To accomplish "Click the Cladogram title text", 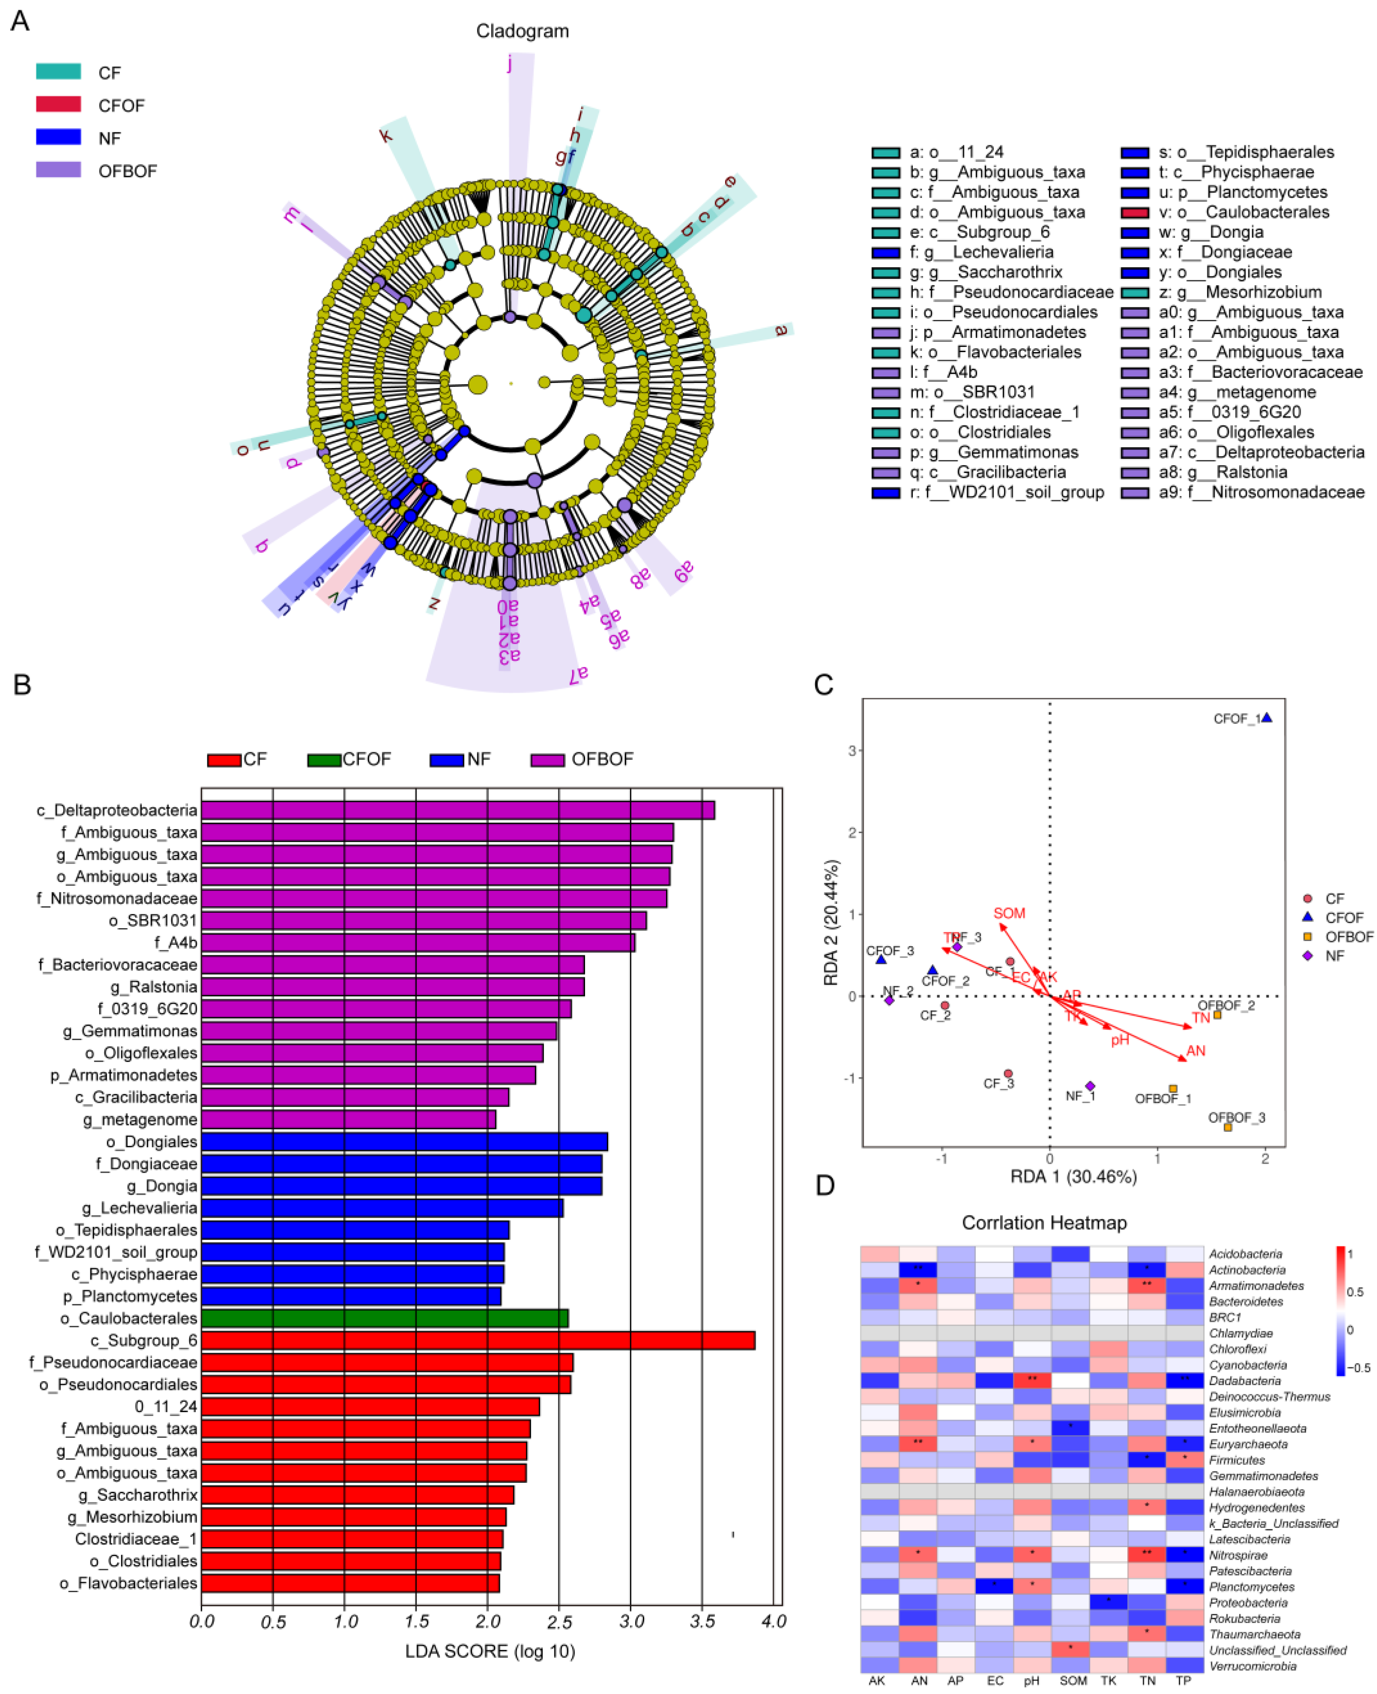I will [522, 31].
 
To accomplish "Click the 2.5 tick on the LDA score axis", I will [559, 1621].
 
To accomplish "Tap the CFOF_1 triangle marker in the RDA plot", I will [1267, 718].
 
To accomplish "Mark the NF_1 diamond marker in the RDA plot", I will [1090, 1086].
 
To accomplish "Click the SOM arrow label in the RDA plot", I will [1009, 913].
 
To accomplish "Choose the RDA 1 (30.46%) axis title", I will [1073, 1176].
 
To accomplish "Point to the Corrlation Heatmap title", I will [1044, 1223].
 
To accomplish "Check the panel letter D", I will [825, 1186].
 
